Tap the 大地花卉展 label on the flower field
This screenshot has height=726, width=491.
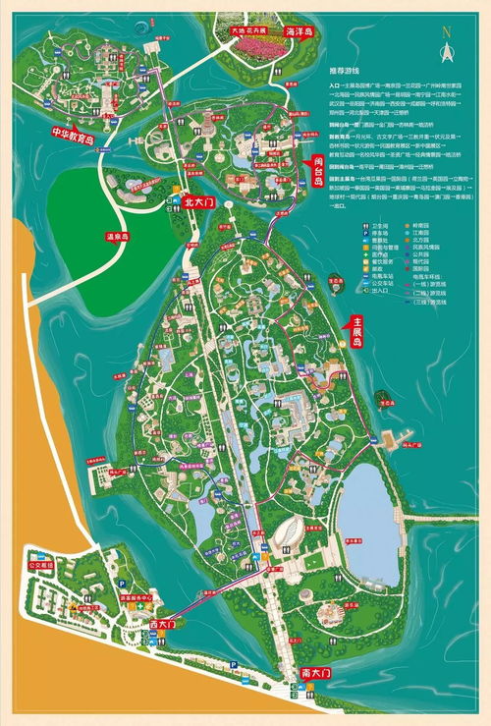coord(250,29)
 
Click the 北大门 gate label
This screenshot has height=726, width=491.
coord(198,201)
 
